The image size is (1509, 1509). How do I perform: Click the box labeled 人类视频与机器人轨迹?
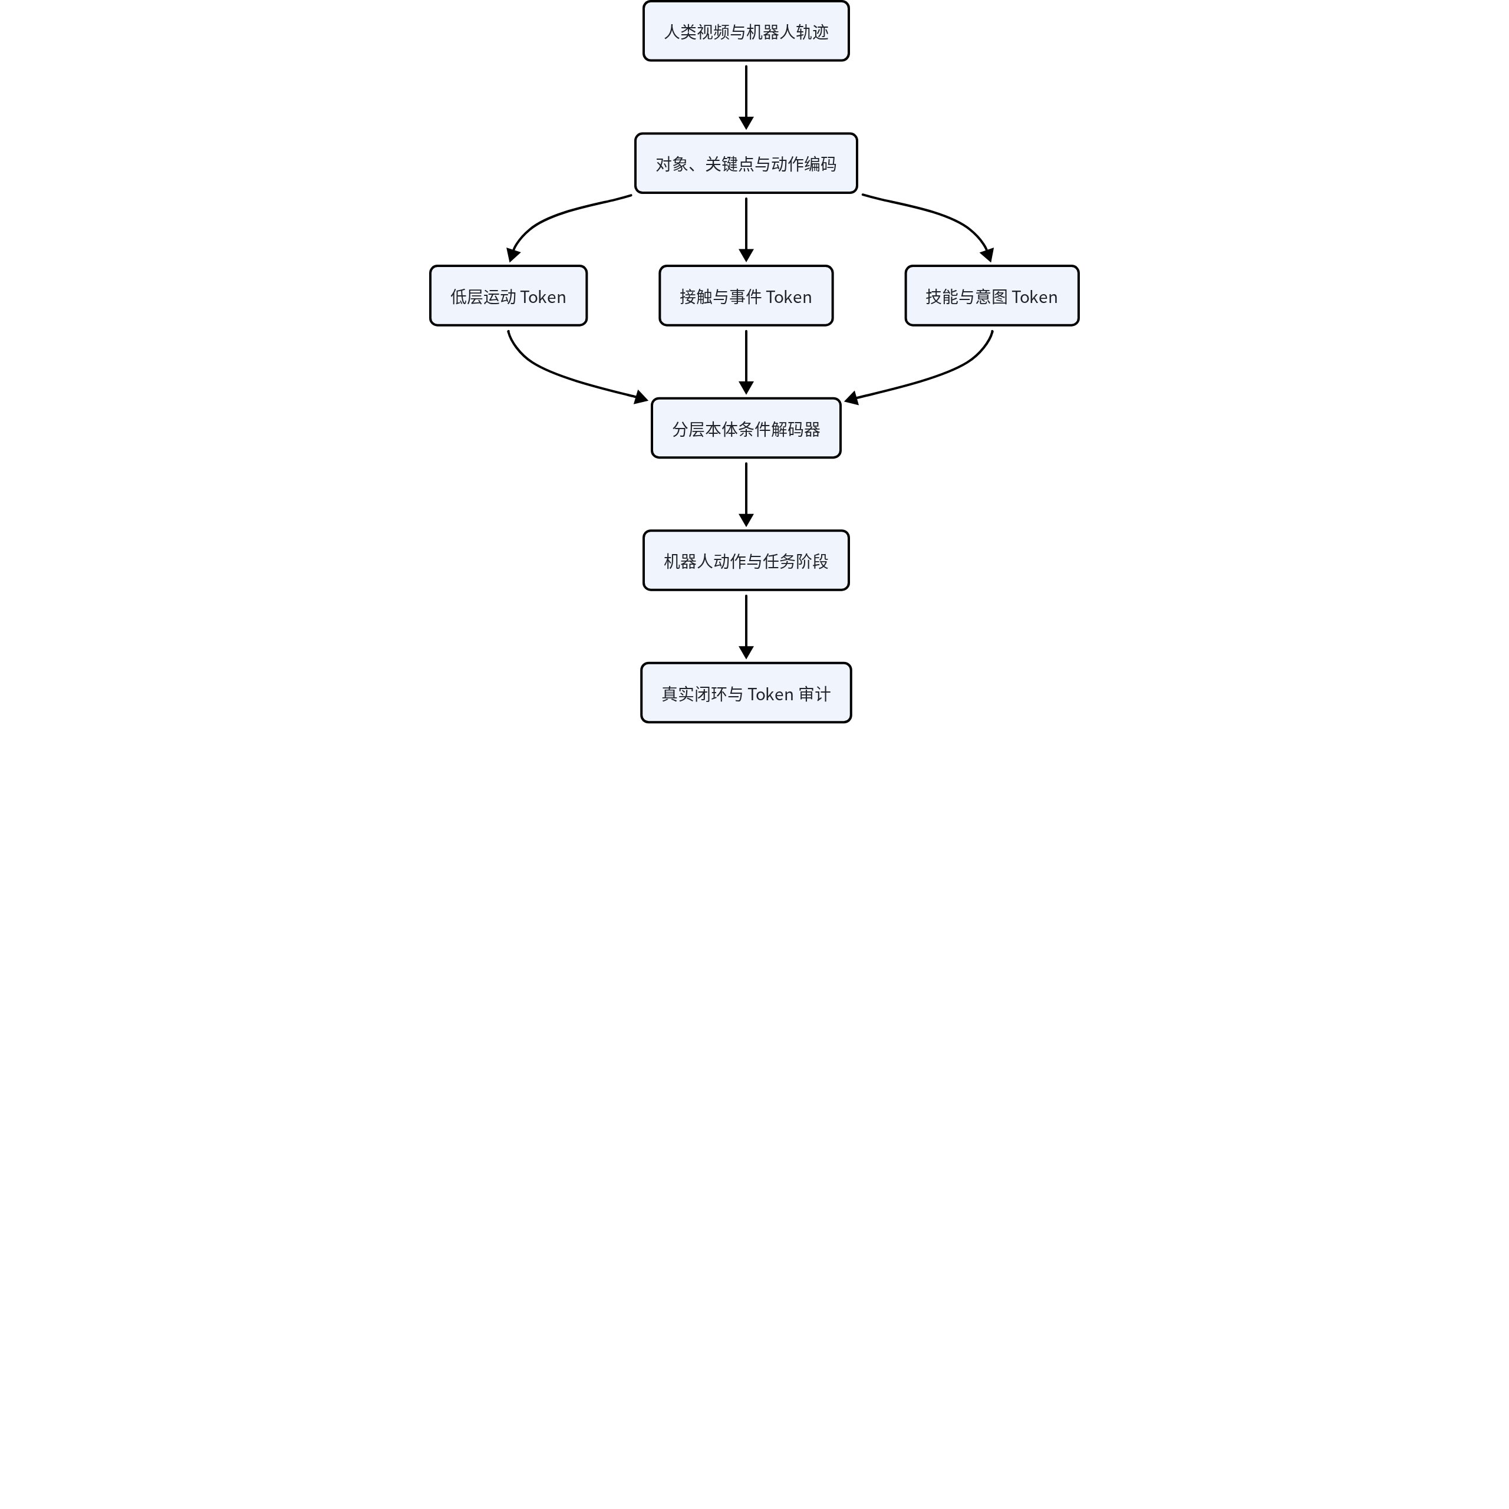746,31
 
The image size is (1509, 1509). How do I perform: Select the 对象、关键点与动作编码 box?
746,163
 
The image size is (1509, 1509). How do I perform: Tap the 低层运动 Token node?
509,296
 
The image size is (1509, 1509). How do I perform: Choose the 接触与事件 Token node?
746,296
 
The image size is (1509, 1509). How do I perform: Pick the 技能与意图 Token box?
992,296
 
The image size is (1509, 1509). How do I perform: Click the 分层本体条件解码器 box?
746,428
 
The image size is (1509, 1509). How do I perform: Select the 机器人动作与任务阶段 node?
746,561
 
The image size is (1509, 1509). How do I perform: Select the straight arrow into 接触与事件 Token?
746,230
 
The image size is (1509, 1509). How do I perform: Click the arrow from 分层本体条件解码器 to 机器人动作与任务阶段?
746,495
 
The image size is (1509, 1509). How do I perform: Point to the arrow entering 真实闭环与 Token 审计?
746,627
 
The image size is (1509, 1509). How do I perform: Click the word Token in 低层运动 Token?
543,297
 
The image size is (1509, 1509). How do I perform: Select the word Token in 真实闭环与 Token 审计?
770,694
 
